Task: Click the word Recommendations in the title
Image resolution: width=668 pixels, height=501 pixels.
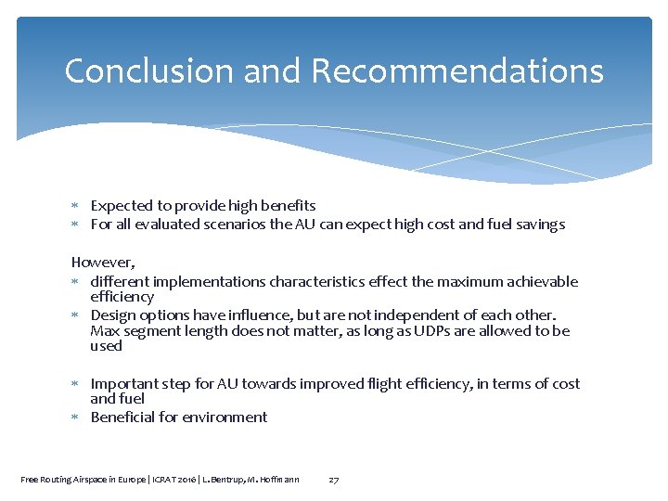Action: (457, 71)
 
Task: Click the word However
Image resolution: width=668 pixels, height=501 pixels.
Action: (102, 263)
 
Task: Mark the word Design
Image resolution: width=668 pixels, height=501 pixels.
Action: (113, 315)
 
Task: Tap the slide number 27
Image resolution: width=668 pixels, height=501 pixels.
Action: (334, 480)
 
